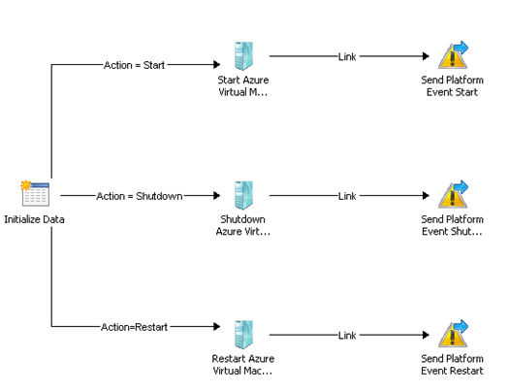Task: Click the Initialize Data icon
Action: point(35,193)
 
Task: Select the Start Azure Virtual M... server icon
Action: point(243,56)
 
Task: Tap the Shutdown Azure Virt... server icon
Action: point(243,195)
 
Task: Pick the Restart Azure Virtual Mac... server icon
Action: point(243,335)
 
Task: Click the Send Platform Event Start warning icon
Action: point(453,55)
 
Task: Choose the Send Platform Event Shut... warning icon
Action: point(453,194)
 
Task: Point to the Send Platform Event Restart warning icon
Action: point(453,334)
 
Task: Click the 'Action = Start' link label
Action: point(134,65)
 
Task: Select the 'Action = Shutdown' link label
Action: point(140,196)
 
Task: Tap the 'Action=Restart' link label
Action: point(134,327)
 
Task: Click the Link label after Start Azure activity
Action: point(347,56)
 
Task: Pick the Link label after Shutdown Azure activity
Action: point(347,196)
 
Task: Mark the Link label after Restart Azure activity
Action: point(347,336)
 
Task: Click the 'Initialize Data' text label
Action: point(34,219)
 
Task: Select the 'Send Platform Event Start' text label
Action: point(452,86)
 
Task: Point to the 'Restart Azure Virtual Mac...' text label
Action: point(243,365)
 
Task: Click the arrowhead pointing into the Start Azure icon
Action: point(217,64)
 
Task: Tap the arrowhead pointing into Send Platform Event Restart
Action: point(426,335)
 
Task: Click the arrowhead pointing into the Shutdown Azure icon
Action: point(217,195)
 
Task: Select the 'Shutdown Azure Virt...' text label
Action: point(243,225)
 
